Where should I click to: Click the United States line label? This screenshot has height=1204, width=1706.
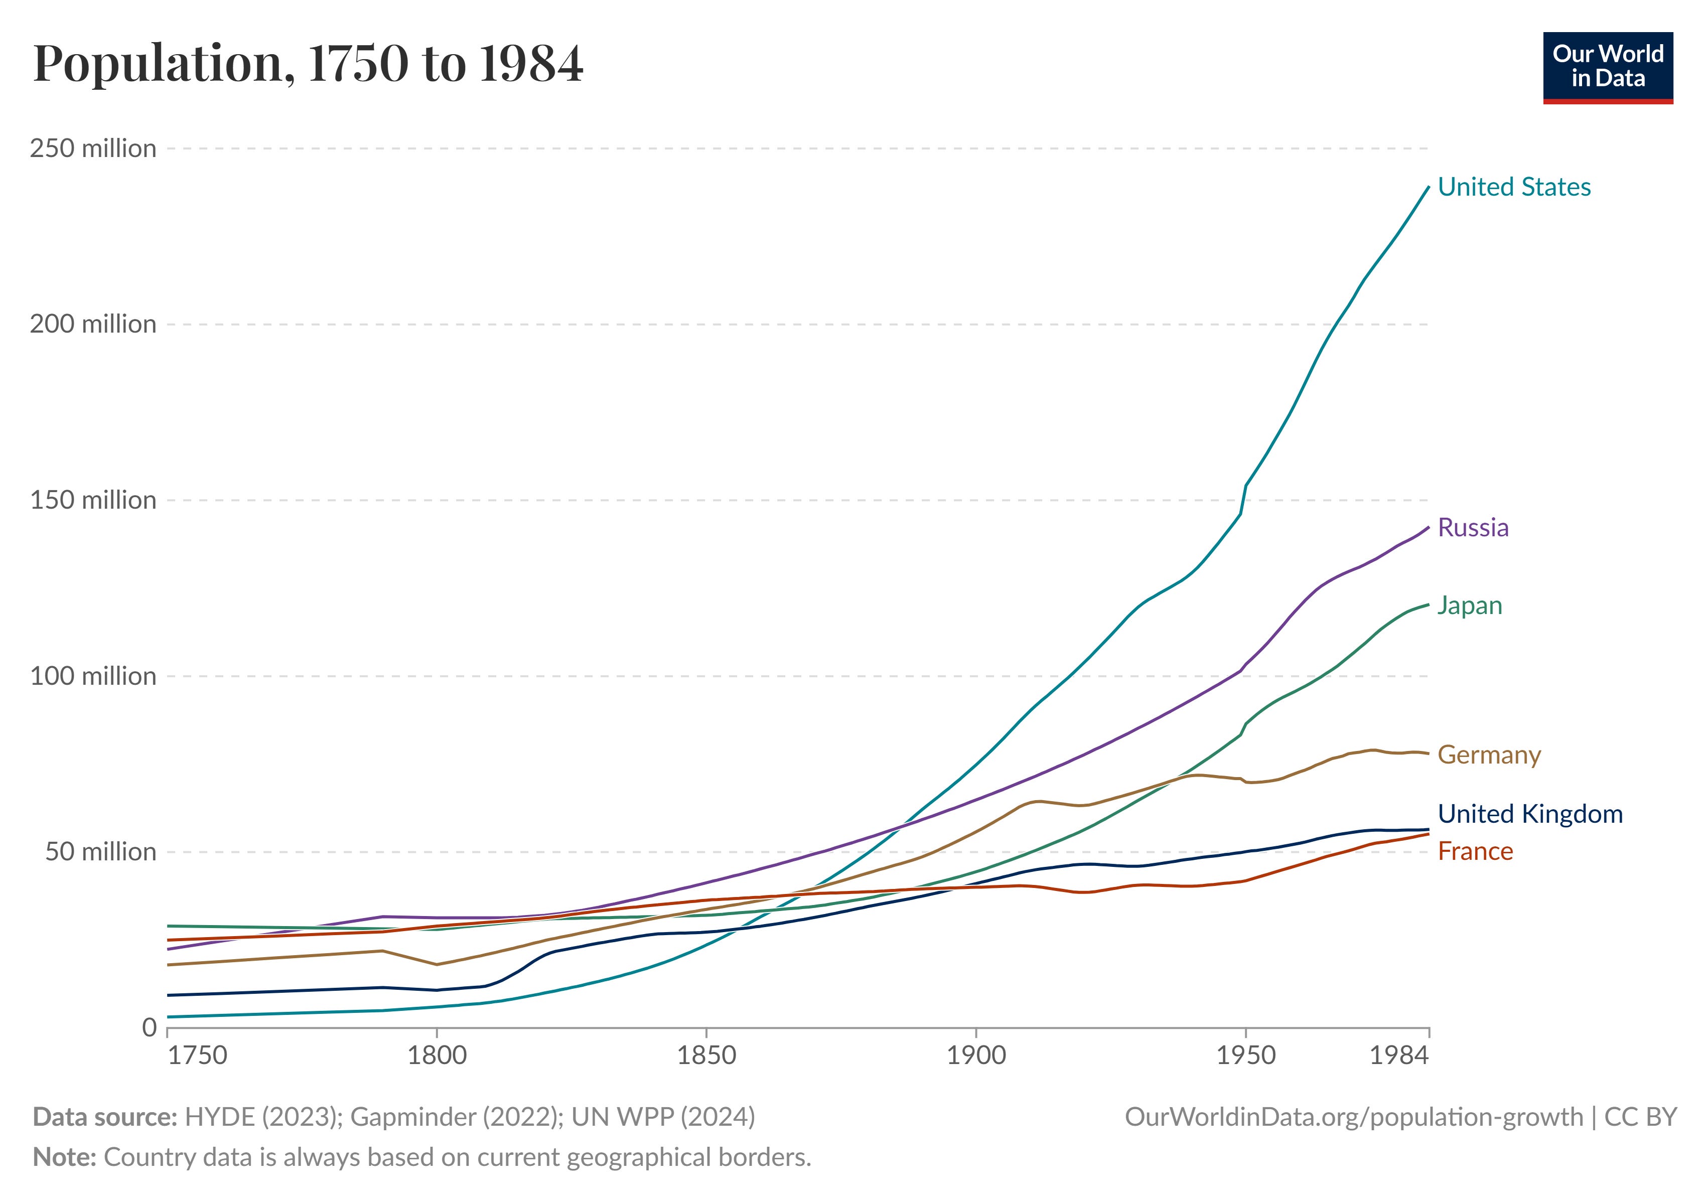pos(1513,187)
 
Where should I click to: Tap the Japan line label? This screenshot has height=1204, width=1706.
pos(1469,606)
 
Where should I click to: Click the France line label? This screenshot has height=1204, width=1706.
pos(1475,851)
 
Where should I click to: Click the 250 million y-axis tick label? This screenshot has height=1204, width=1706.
pos(93,148)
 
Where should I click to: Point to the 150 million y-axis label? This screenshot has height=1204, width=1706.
pos(93,500)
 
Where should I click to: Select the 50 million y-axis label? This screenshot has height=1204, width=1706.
pos(100,851)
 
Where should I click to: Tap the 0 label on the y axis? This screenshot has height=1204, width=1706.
pos(150,1027)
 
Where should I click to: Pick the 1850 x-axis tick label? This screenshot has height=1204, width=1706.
pos(706,1056)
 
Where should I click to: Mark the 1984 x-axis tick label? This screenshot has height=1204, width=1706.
pos(1398,1056)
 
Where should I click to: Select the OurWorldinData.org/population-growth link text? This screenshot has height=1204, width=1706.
pos(1354,1117)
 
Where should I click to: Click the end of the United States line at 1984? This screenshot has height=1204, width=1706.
pos(1428,187)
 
